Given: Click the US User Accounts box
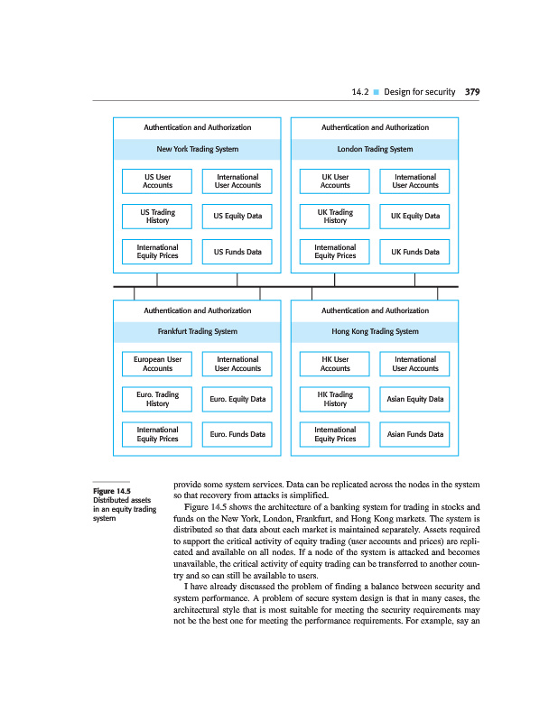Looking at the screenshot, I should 158,180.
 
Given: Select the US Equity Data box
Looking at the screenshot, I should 237,217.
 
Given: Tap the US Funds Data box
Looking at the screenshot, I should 237,252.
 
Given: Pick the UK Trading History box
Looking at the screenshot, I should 335,217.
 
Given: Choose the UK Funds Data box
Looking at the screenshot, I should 415,252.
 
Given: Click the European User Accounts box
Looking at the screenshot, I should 158,364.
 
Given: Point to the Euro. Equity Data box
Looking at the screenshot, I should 237,399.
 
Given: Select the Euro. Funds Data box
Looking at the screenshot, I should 237,434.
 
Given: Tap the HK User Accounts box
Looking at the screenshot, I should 335,364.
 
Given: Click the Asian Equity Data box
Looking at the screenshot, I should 415,399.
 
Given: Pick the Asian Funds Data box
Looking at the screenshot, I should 415,434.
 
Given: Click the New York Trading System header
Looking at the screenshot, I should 197,149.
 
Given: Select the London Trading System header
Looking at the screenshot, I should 375,149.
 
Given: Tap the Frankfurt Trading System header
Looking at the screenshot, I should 197,331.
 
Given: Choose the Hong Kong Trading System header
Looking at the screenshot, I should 375,331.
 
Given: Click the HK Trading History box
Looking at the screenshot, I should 335,399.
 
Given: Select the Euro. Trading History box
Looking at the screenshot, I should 158,399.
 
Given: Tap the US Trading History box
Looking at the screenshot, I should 158,217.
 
